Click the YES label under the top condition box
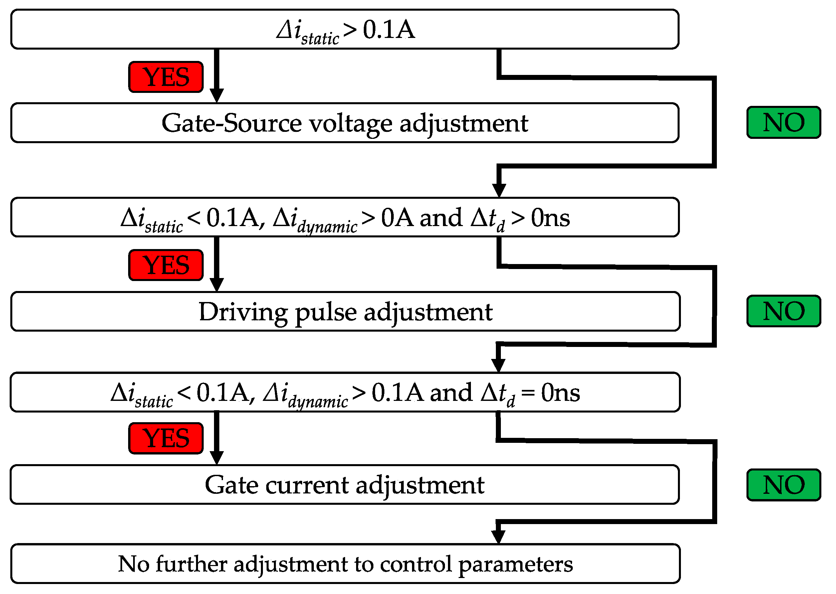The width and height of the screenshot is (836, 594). coord(166,77)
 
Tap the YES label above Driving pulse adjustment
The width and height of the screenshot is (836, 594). coord(166,265)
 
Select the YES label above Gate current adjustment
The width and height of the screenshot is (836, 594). coord(166,438)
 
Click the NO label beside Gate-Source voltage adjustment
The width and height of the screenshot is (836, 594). coord(784,122)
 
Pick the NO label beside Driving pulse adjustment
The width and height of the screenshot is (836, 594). coord(784,311)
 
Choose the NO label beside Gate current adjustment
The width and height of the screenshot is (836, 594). coord(784,485)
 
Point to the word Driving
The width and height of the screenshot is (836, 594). coord(243,312)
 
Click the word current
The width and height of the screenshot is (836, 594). coord(307,485)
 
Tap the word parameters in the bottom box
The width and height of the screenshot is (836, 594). coord(516,565)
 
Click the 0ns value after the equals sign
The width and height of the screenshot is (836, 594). coord(560,393)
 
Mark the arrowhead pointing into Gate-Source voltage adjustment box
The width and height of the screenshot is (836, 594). coord(217,96)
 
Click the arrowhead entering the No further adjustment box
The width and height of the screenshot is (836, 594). coord(498,537)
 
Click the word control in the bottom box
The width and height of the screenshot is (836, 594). coord(416,564)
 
